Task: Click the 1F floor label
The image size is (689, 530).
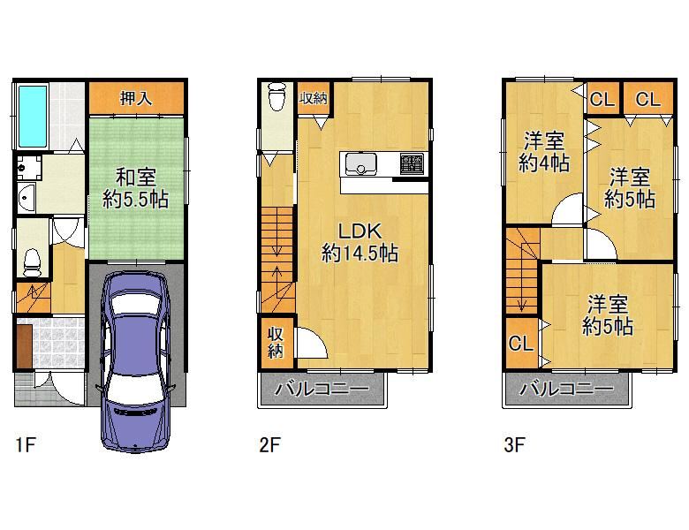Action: pos(25,444)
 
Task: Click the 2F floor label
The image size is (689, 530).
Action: pos(269,444)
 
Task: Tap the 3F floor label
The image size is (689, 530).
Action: pos(514,444)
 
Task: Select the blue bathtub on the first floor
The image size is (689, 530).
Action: pos(33,117)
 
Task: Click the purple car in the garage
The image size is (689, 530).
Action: pos(135,360)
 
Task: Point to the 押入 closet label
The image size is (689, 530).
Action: pos(136,97)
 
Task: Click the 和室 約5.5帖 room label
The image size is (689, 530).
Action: pos(135,189)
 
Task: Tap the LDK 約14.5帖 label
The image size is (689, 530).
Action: pos(360,243)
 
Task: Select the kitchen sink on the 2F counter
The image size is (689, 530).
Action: pos(360,163)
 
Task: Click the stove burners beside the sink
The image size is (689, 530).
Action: pos(412,163)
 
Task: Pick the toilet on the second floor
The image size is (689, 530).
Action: pos(276,95)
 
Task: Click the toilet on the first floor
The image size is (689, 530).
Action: pos(32,262)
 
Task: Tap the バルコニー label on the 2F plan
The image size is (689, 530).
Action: pos(322,389)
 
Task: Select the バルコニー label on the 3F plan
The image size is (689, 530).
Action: pos(567,389)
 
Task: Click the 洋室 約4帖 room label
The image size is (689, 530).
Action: pos(544,152)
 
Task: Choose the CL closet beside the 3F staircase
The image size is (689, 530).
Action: pos(521,343)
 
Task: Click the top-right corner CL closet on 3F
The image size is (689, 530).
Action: pos(647,98)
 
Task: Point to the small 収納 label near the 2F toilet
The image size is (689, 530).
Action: pos(314,98)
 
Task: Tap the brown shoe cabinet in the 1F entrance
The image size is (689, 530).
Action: pos(25,346)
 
